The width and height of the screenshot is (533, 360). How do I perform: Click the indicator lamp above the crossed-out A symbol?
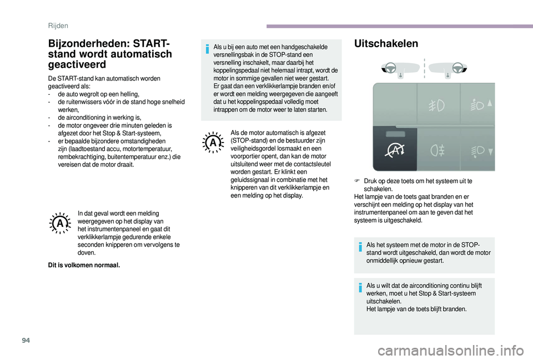(394, 135)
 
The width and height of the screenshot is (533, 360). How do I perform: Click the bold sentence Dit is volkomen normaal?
(84, 265)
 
